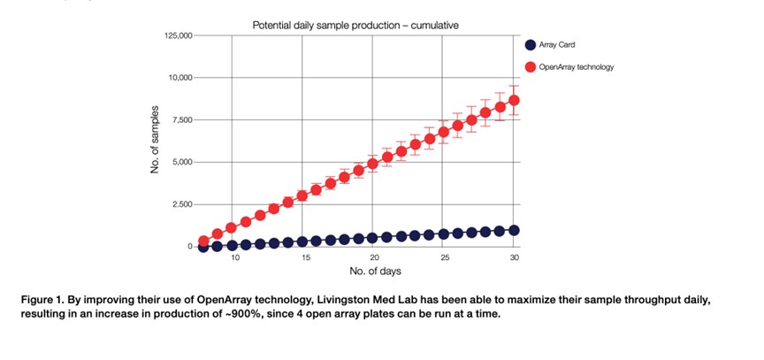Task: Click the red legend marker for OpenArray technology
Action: pos(529,67)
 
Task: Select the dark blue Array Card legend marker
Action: pos(529,45)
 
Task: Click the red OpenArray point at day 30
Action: pos(514,100)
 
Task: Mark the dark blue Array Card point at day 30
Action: pos(514,230)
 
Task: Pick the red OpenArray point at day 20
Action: pos(372,164)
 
